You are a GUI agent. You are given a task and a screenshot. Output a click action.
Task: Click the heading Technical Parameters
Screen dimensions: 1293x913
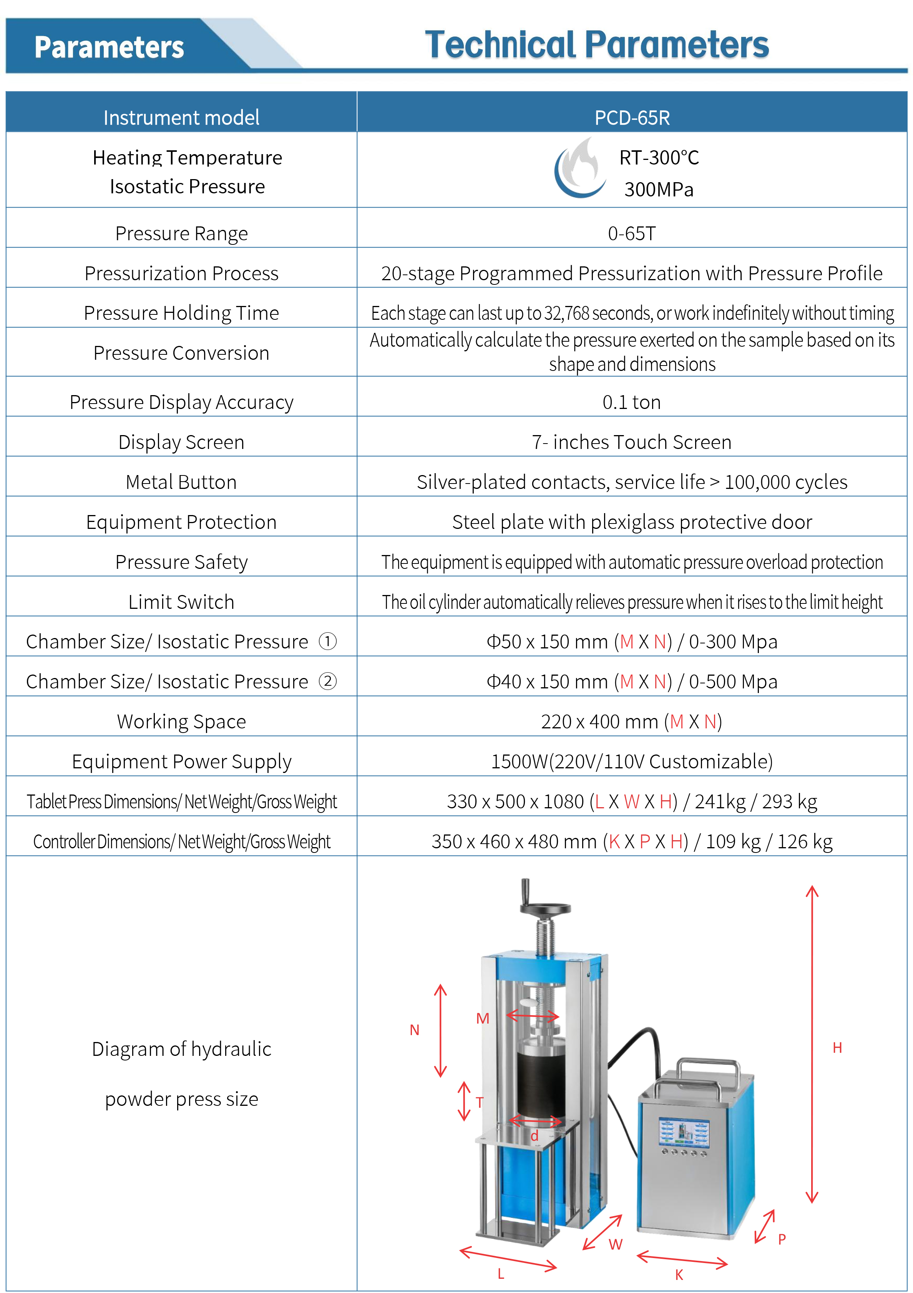[597, 45]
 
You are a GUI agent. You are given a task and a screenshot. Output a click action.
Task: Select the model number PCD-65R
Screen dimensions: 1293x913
[632, 118]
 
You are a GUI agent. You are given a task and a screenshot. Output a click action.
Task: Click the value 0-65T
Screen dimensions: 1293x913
[632, 233]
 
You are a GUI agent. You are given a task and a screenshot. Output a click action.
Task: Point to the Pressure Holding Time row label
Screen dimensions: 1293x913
[181, 313]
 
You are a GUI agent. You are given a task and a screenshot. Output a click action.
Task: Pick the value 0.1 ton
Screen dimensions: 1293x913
[632, 402]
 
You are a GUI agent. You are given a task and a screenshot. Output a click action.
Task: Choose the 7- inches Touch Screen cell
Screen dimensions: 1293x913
[632, 442]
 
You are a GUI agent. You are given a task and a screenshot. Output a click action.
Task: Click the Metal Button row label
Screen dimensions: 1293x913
[181, 482]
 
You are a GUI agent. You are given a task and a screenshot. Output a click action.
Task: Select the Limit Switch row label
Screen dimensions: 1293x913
[181, 602]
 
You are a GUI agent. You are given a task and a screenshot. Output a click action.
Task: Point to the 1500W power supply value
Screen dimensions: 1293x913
[632, 761]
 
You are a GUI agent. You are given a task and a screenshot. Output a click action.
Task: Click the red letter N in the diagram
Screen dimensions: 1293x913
[414, 1030]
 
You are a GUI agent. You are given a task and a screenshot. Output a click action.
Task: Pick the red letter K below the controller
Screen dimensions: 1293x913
[679, 1275]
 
